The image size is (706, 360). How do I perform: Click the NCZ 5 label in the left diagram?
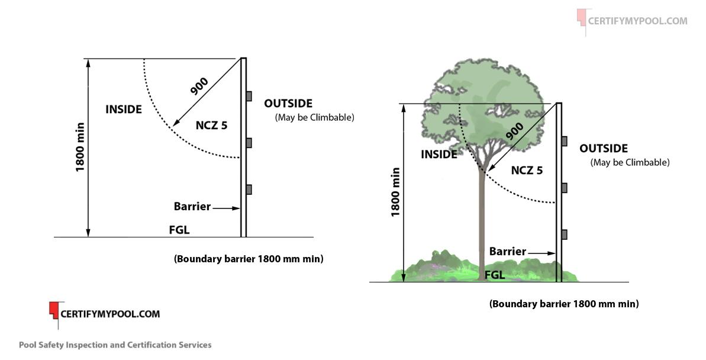pos(211,125)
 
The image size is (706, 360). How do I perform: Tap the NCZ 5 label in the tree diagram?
pos(527,171)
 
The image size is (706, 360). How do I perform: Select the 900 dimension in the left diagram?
pos(199,86)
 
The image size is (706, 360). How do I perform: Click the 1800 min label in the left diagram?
pos(80,147)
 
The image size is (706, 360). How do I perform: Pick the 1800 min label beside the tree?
pos(395,192)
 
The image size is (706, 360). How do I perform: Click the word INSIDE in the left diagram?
pos(124,110)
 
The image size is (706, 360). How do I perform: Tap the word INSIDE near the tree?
pos(439,155)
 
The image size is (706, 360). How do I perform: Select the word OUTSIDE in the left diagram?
pos(288,104)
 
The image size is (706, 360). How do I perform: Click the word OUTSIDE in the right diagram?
pos(604,149)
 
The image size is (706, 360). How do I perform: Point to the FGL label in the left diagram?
pos(179,230)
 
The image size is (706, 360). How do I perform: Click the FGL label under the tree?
pos(495,275)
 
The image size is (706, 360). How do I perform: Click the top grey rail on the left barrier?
pos(249,96)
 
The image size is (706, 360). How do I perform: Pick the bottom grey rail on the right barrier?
pos(565,234)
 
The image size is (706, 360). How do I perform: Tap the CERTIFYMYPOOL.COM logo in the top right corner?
pos(632,21)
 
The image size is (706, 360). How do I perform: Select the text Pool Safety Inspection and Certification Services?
pos(115,345)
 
